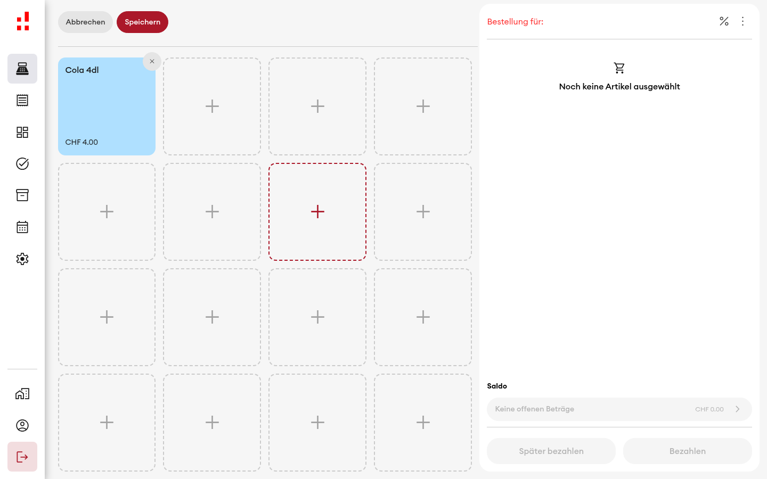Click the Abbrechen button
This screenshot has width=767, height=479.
point(85,22)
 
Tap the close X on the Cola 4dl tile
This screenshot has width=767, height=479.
point(152,62)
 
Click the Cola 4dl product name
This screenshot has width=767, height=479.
point(82,70)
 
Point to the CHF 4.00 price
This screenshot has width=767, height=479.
point(81,142)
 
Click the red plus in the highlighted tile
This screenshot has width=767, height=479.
point(317,212)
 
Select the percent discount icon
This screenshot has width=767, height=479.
point(724,21)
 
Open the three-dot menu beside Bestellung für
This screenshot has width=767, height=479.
point(742,21)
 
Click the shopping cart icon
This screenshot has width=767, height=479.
point(619,68)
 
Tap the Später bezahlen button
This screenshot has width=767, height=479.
point(551,451)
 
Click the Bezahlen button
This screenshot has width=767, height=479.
point(687,451)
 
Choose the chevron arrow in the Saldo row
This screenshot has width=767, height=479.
point(738,409)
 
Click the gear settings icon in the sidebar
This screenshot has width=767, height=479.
point(22,259)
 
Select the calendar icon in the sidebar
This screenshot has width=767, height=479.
point(22,227)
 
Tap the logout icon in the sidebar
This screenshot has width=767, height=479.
point(22,457)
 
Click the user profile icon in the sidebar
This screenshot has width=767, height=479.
point(22,425)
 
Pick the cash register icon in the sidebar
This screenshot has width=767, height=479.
point(22,69)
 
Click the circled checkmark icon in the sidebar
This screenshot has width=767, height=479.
point(22,163)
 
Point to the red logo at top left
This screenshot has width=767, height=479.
point(23,21)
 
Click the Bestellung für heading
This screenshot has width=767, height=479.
point(515,21)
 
